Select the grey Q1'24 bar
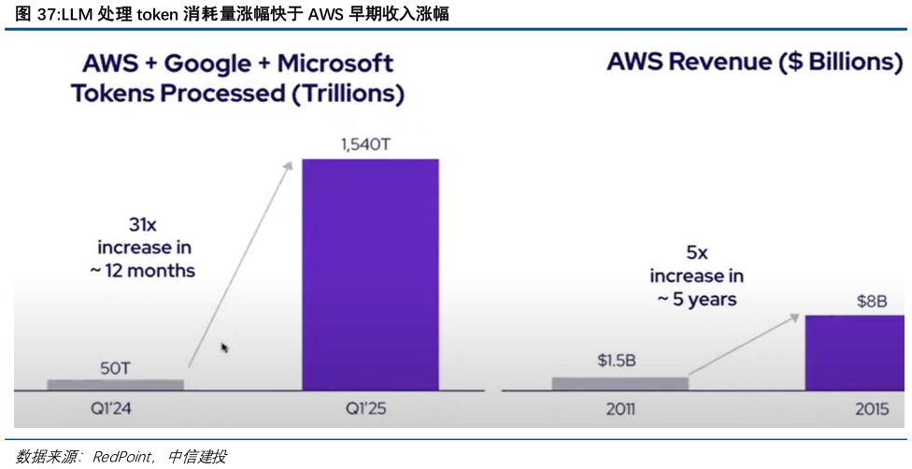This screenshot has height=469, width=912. [x=116, y=384]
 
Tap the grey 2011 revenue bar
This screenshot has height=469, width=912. [x=620, y=383]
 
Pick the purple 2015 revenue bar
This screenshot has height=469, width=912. [x=854, y=352]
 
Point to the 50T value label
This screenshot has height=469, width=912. [x=116, y=368]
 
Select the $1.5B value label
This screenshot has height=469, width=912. [x=617, y=361]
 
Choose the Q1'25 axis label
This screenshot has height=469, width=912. [x=370, y=409]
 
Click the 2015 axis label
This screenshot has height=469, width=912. [x=871, y=409]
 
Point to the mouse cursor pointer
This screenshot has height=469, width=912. [x=224, y=348]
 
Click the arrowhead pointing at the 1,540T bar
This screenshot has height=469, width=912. [x=288, y=165]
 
